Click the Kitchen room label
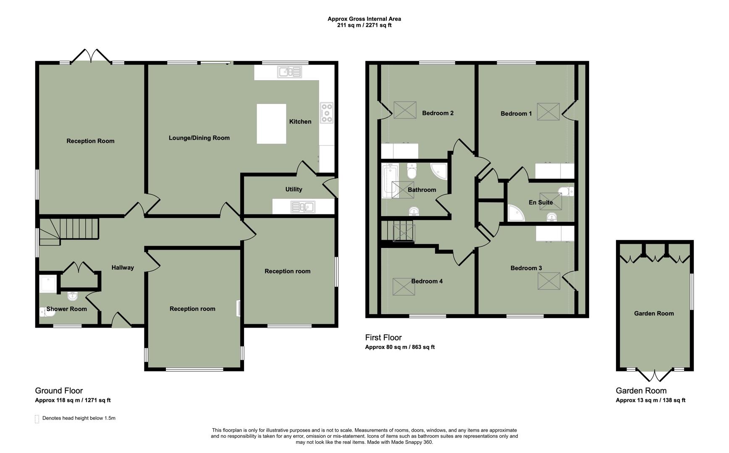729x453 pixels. click(300, 122)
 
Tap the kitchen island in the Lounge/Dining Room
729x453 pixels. click(271, 124)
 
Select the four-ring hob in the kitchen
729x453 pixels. click(327, 113)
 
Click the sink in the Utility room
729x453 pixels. click(303, 207)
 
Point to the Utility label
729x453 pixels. click(294, 189)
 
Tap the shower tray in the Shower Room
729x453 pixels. click(48, 284)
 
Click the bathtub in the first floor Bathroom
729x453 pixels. click(388, 181)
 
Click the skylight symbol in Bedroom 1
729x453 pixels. click(548, 112)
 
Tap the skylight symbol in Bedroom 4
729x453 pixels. click(404, 286)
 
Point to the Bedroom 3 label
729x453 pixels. click(526, 268)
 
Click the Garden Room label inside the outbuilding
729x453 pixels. click(654, 313)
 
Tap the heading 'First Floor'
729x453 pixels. click(383, 337)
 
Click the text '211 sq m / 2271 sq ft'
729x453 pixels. click(364, 25)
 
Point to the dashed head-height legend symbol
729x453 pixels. click(37, 419)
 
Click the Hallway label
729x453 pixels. click(123, 268)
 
